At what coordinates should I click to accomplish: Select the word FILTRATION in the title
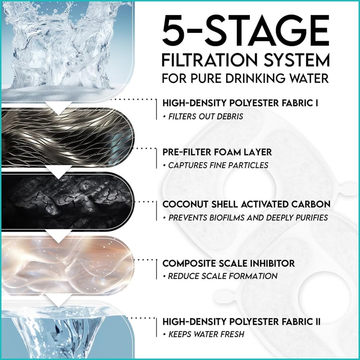tap(210, 60)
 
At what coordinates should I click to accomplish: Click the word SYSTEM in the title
tap(297, 60)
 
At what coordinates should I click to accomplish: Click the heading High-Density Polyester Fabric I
tap(240, 103)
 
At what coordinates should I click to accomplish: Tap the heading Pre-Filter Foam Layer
tap(217, 152)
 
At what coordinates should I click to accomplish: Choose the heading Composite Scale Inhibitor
tap(228, 263)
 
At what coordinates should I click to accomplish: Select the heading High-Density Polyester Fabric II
tap(241, 322)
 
